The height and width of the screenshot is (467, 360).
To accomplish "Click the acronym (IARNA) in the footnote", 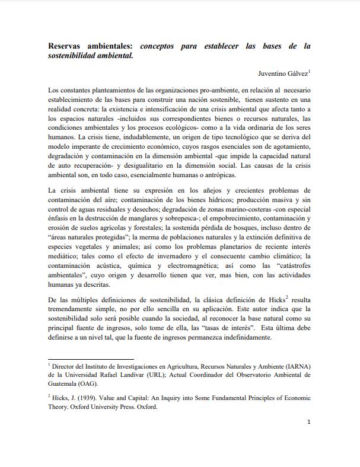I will click(294, 367).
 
